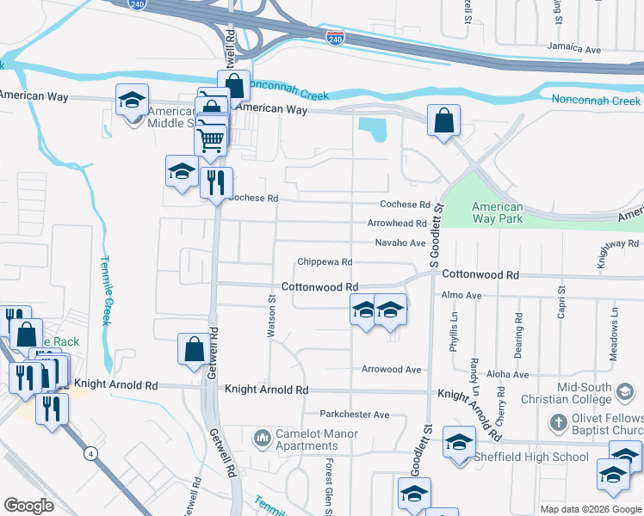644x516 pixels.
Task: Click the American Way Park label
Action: coord(498,212)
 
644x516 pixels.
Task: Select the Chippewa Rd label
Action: coord(325,261)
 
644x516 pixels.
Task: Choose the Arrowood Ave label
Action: coord(392,370)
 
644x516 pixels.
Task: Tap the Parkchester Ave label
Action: coord(355,415)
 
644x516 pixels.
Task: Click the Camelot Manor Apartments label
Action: coord(307,440)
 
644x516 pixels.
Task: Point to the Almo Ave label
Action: coord(460,295)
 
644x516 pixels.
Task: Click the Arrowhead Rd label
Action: coord(397,224)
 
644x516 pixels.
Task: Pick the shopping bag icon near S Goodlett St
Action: coord(443,122)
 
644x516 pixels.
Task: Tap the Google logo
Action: coord(28,506)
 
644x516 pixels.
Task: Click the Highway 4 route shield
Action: coord(90,452)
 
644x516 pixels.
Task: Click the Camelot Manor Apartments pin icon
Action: coord(262,440)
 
